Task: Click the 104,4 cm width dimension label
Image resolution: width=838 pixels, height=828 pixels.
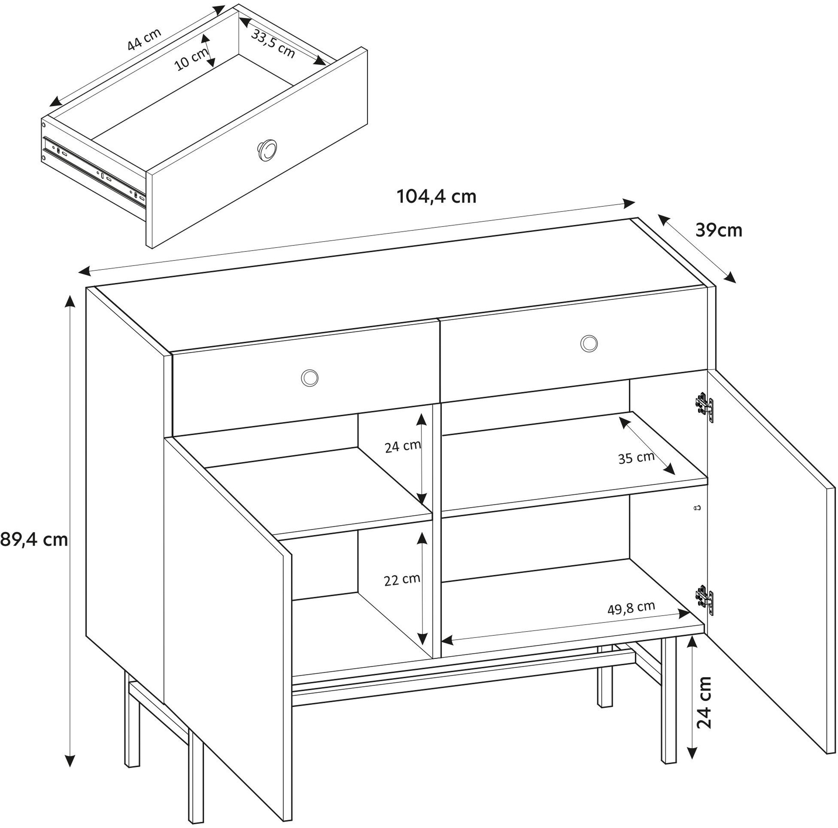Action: [437, 196]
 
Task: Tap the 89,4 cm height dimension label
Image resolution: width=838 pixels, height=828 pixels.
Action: [34, 539]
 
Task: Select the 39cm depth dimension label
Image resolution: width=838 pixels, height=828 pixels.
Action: [719, 230]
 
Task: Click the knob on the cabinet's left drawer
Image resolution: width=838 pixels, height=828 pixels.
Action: [310, 377]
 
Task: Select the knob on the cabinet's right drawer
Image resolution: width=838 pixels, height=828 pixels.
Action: [589, 343]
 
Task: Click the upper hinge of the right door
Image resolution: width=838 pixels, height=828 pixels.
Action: [704, 407]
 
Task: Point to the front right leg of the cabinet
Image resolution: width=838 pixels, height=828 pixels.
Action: [669, 702]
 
